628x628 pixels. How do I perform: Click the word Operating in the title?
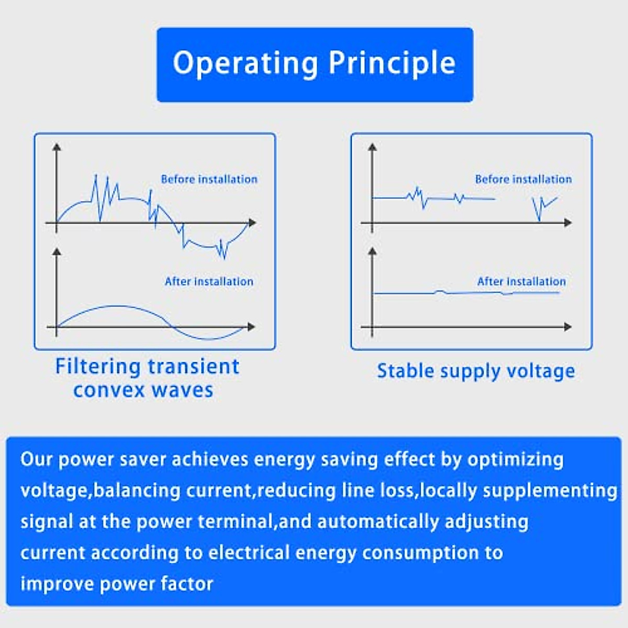[245, 64]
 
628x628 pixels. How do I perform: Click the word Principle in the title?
[392, 64]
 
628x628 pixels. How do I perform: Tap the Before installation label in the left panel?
[209, 179]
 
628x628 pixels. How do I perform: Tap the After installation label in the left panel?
[209, 282]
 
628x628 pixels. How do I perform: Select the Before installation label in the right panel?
[523, 179]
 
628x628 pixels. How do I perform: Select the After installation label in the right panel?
[521, 282]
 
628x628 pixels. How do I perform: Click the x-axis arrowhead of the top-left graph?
[253, 223]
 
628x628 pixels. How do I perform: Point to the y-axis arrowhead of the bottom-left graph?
[57, 252]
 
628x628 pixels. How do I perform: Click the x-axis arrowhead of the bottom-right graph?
[568, 327]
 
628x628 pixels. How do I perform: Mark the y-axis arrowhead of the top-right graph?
[373, 148]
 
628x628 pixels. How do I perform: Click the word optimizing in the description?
[515, 459]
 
